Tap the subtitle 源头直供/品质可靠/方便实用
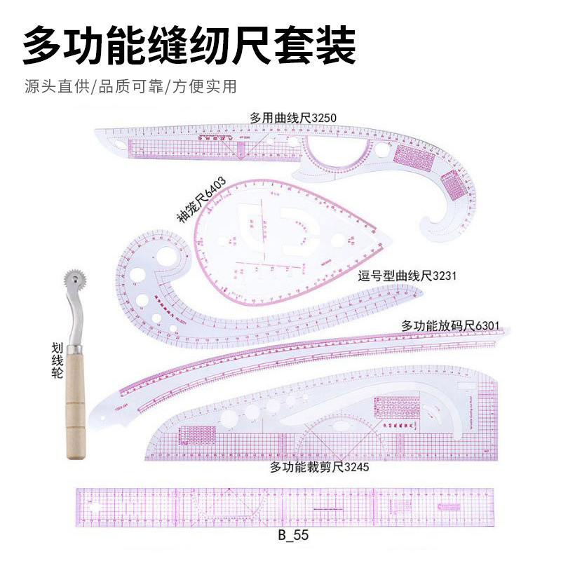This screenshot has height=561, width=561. pyautogui.click(x=130, y=87)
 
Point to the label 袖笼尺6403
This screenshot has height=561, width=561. pyautogui.click(x=201, y=201)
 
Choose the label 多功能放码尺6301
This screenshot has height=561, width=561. pyautogui.click(x=450, y=325)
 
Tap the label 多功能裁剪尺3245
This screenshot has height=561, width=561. pyautogui.click(x=319, y=466)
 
